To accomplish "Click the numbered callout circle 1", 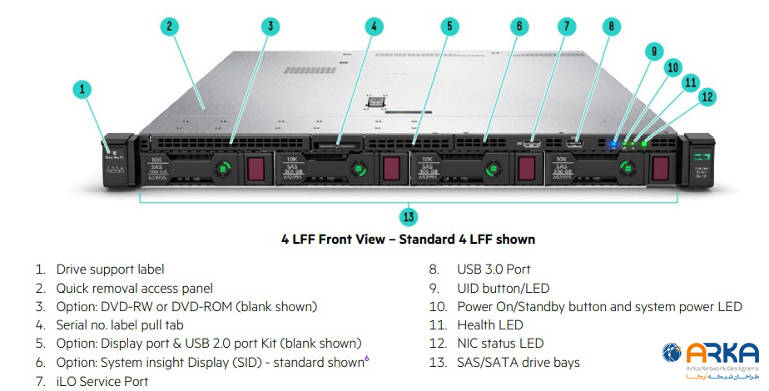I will [82, 89].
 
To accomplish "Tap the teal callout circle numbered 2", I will [169, 26].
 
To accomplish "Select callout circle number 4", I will [375, 26].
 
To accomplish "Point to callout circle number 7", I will [566, 26].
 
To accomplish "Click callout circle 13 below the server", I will [408, 218].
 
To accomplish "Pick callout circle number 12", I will [707, 97].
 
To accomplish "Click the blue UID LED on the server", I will [615, 142].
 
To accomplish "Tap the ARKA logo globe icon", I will [672, 354].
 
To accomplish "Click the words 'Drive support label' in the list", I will [110, 269].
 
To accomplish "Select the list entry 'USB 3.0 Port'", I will [494, 269].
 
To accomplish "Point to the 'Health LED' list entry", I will [490, 324].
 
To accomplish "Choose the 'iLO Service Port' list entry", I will [102, 381].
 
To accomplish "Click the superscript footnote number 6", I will [367, 359].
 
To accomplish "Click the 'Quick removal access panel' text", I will [135, 288].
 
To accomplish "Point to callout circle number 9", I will [654, 51].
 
